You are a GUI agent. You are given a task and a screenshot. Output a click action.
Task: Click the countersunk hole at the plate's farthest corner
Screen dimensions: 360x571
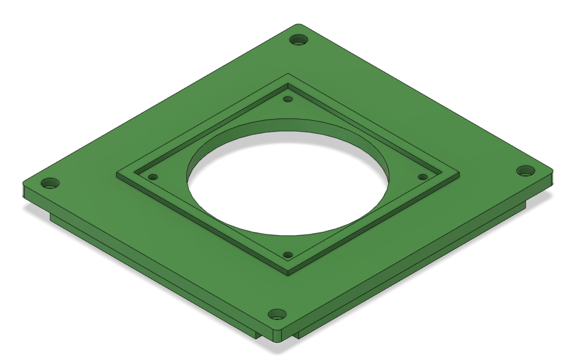299,40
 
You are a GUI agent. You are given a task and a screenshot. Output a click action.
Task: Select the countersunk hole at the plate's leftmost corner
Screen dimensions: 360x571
50,183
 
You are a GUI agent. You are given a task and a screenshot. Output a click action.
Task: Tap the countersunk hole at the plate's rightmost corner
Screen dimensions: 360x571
525,171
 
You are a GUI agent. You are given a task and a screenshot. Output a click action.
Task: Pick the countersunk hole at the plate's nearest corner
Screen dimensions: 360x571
277,315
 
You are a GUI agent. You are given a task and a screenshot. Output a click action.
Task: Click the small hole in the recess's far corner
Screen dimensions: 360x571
288,99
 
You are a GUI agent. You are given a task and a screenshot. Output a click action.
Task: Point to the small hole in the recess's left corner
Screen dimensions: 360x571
152,177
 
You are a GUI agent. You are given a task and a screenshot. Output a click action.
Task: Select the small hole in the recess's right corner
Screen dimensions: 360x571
423,177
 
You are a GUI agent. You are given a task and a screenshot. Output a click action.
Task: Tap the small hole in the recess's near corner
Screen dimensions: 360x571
288,255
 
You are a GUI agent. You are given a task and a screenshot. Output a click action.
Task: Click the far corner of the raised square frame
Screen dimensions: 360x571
288,74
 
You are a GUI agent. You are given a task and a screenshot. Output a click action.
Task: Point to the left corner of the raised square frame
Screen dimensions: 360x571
118,175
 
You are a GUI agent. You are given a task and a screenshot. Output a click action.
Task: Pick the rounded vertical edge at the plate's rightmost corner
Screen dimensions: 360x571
551,178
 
